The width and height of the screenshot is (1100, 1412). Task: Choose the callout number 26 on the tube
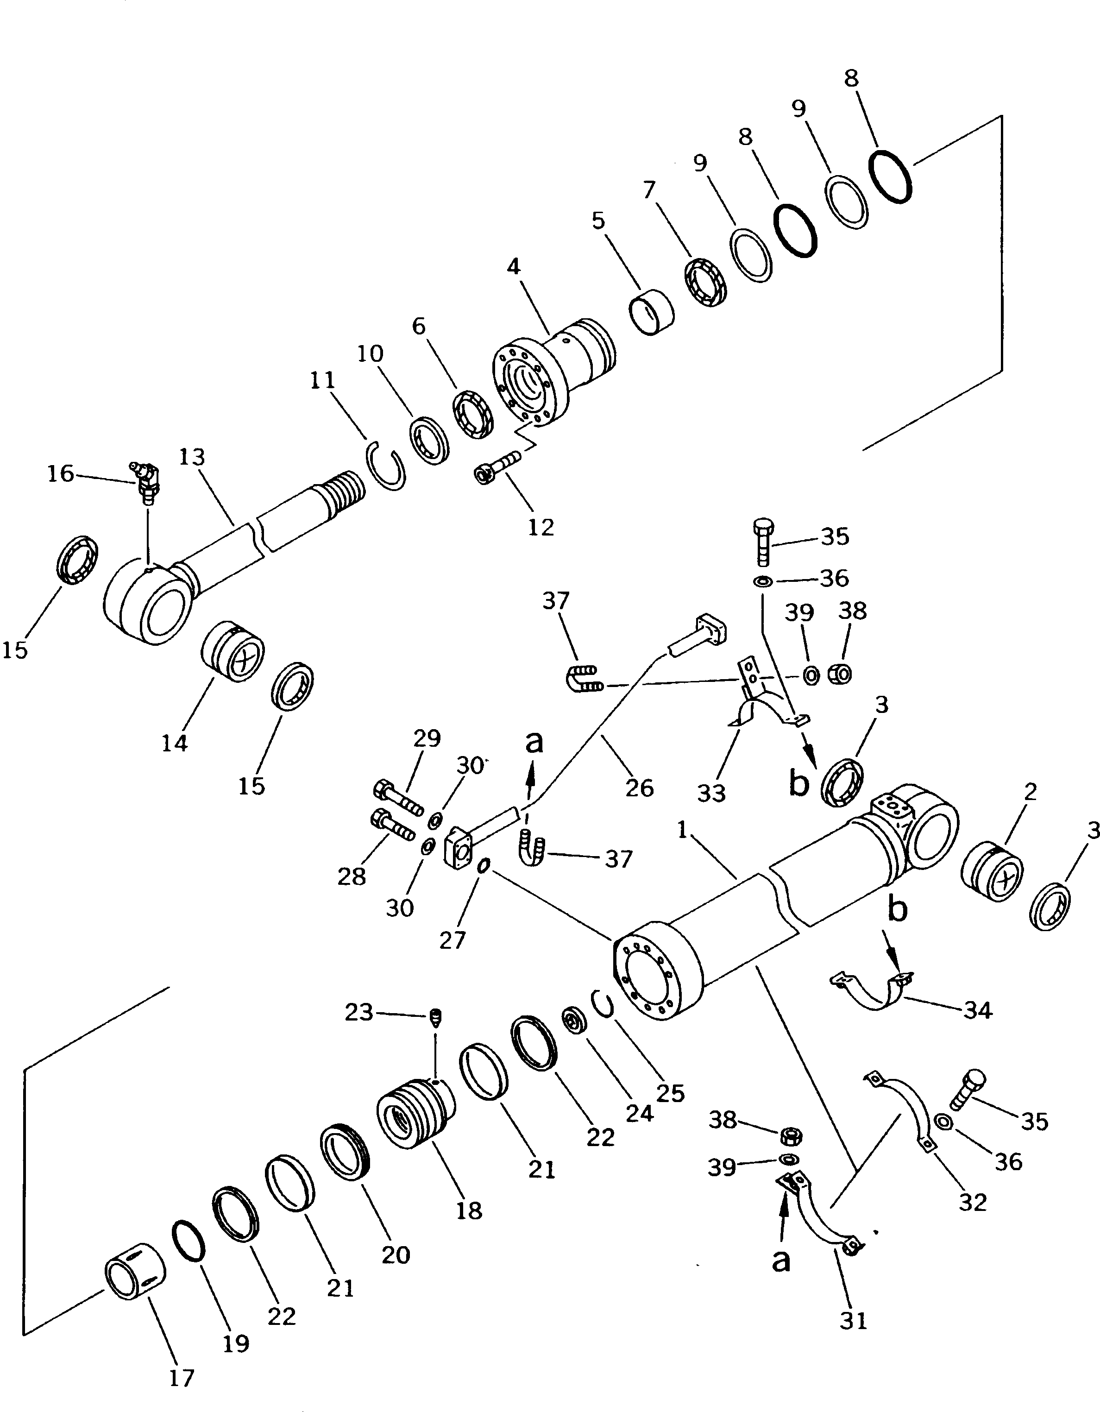coord(639,788)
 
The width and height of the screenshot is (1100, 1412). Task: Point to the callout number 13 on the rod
coord(192,458)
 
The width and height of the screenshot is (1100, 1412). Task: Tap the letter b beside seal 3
coord(799,783)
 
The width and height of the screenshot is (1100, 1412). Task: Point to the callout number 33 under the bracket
coord(711,793)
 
